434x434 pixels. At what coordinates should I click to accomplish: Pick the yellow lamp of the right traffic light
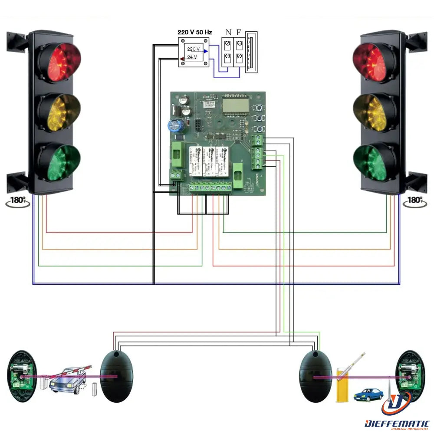tap(374, 112)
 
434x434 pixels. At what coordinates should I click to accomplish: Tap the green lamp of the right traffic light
tap(374, 162)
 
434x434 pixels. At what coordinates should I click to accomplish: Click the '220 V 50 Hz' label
tap(195, 33)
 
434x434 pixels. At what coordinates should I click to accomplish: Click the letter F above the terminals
tap(239, 33)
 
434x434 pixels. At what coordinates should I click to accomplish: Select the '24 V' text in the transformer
tap(192, 57)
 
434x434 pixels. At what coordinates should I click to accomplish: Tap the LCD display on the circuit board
tap(234, 104)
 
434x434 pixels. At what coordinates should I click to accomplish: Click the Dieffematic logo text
tap(397, 423)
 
